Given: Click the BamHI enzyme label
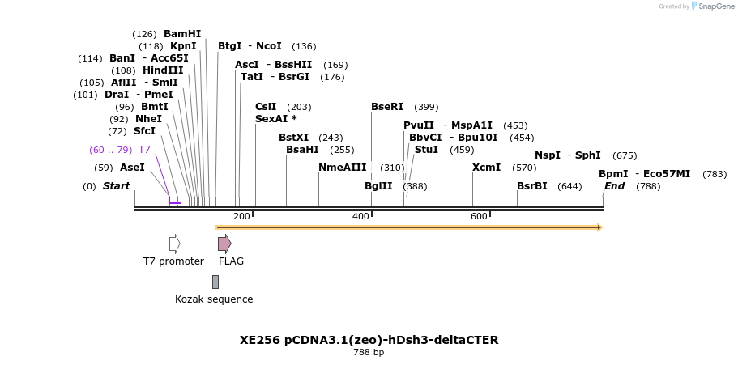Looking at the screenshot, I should (182, 34).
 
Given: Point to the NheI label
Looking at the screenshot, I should (148, 119).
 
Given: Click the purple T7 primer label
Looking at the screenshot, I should (144, 150).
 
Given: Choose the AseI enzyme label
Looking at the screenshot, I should (132, 168).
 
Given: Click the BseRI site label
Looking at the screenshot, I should (387, 107).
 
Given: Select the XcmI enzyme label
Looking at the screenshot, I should (486, 168).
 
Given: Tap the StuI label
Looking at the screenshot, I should (426, 150).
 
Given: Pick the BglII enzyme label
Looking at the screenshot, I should (378, 186).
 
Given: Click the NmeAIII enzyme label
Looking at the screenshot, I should (343, 168).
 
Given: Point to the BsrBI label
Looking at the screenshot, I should (532, 186).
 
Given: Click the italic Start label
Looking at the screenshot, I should (116, 186).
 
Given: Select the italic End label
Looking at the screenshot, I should (615, 186).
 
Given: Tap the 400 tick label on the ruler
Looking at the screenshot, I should (360, 216).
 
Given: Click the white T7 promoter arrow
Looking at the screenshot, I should (174, 244).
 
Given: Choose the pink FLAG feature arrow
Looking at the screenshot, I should (224, 244).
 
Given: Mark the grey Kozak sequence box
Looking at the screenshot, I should (215, 282).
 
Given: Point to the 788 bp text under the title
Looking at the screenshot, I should (369, 353).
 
